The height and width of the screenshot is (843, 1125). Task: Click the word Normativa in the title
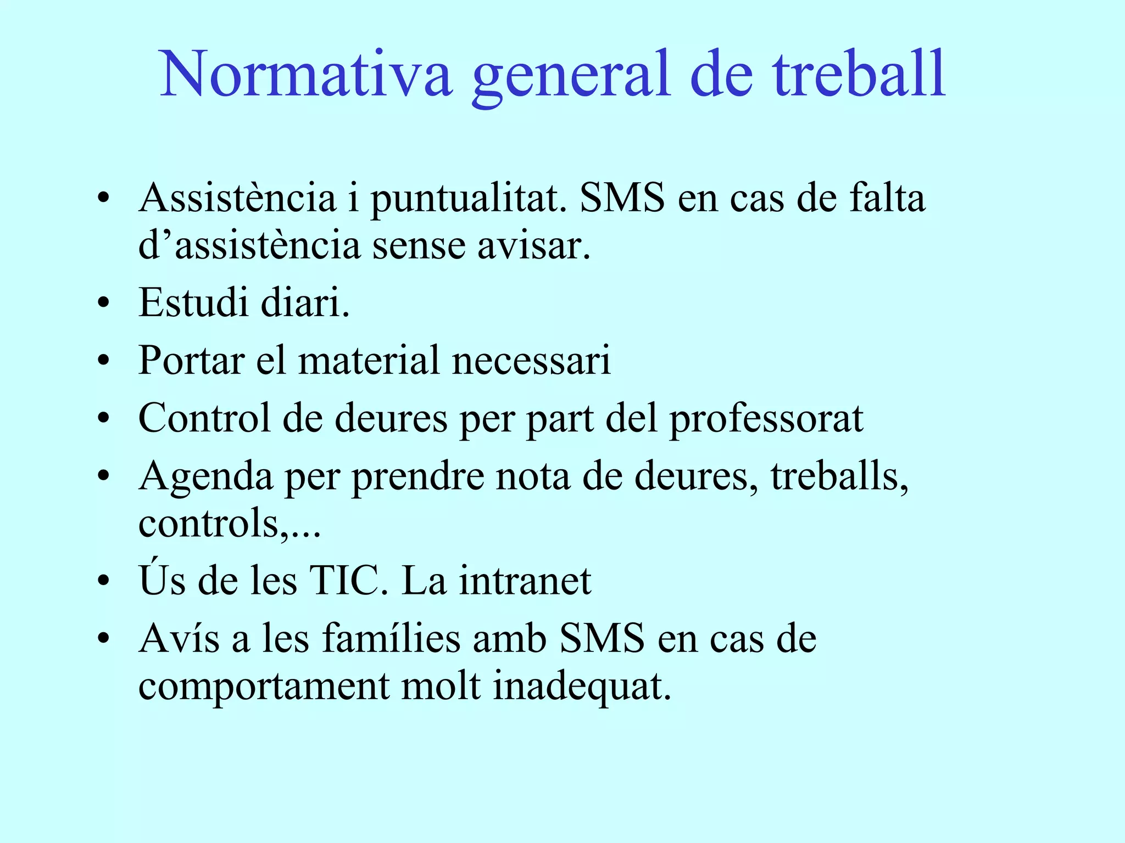click(x=306, y=74)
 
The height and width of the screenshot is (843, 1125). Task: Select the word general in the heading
click(x=571, y=77)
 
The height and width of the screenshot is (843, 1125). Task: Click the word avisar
click(x=533, y=246)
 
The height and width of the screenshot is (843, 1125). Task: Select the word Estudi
click(x=193, y=302)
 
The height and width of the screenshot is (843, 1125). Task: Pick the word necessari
click(x=531, y=362)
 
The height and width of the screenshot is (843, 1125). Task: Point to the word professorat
click(x=766, y=420)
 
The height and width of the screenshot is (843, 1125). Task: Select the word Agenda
click(x=205, y=477)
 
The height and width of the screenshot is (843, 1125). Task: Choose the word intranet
click(x=525, y=581)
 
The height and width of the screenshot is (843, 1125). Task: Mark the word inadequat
click(x=582, y=687)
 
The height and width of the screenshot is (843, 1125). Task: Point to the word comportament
click(x=264, y=688)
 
